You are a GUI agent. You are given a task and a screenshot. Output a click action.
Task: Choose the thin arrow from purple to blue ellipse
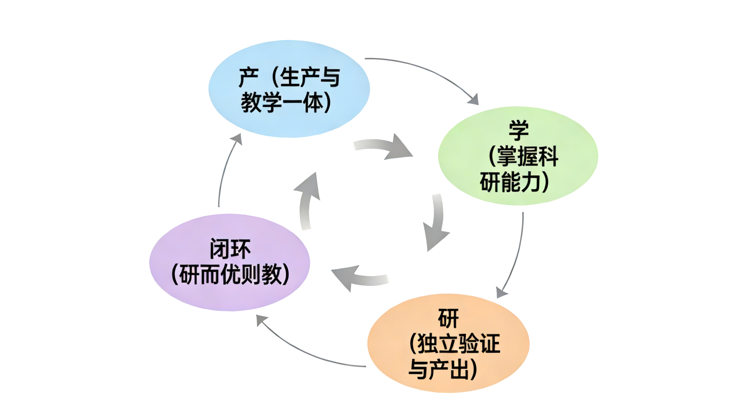coord(225,172)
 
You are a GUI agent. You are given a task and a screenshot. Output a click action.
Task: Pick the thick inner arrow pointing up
coord(307,200)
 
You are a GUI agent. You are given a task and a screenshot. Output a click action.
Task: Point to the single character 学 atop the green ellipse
coord(518,130)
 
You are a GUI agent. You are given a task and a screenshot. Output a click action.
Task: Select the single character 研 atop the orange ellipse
coord(448,318)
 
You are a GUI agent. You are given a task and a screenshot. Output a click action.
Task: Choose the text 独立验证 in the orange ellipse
coord(459,344)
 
